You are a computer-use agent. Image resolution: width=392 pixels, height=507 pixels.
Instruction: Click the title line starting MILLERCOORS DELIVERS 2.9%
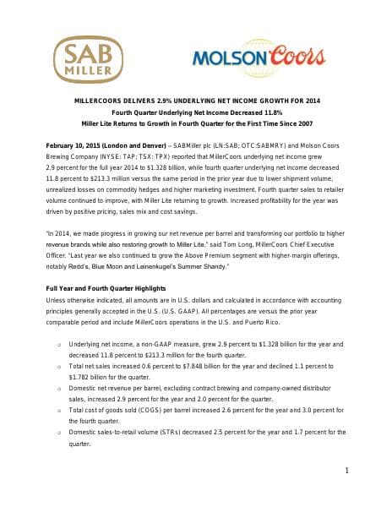point(195,101)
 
